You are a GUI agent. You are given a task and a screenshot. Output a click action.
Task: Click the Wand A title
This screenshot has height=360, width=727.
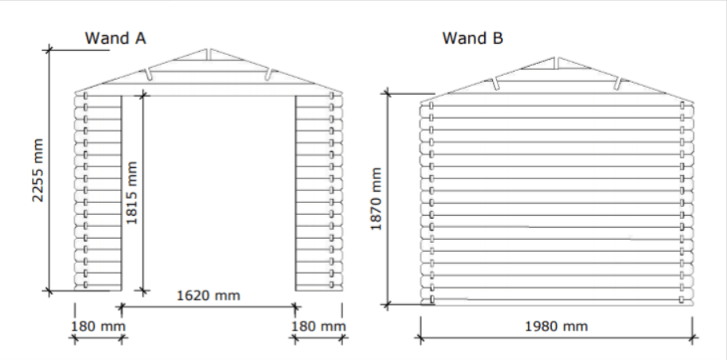pyautogui.click(x=115, y=37)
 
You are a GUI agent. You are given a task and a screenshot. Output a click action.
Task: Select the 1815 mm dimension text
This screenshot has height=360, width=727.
pyautogui.click(x=132, y=195)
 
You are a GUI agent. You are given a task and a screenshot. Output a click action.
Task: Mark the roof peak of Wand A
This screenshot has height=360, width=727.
pyautogui.click(x=208, y=50)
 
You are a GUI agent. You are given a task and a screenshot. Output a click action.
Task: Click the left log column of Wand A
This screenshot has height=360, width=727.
pyautogui.click(x=98, y=191)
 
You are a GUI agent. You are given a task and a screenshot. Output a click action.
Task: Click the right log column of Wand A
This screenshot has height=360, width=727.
pyautogui.click(x=319, y=191)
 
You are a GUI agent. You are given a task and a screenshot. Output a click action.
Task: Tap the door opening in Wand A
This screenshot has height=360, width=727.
pyautogui.click(x=209, y=191)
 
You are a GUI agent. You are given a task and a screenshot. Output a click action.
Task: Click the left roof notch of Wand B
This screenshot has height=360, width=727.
pyautogui.click(x=495, y=82)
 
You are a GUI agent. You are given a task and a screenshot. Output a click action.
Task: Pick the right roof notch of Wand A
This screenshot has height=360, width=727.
pyautogui.click(x=269, y=74)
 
